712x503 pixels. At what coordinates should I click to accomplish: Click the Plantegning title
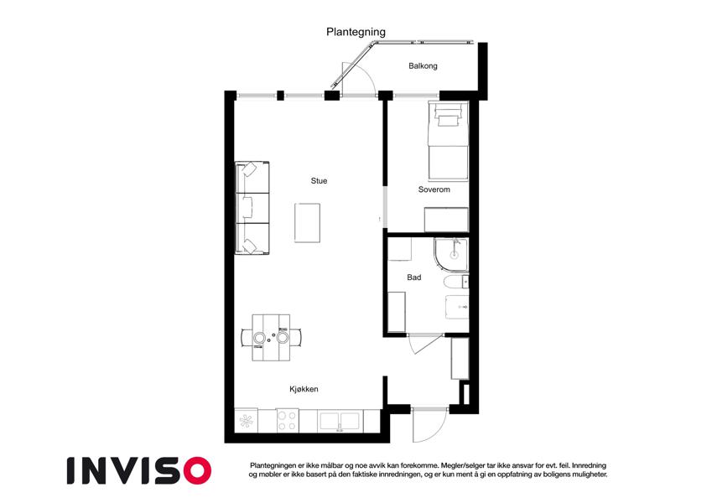tap(356, 32)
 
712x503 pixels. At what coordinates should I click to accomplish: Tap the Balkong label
tap(423, 66)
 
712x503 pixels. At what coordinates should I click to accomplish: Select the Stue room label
tap(319, 181)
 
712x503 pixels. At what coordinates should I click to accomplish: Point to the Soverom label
tap(434, 189)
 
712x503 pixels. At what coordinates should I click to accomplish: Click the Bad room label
tap(413, 277)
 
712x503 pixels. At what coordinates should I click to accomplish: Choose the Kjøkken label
tap(304, 389)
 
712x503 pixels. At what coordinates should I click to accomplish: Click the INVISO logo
tap(139, 470)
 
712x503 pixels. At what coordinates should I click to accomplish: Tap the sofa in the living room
tap(252, 208)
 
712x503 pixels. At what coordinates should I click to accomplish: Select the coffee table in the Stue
tap(307, 223)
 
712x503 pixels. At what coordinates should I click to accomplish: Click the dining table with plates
tap(271, 338)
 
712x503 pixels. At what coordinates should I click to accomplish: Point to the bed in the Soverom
tap(448, 140)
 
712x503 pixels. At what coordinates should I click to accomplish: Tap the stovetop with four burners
tap(288, 420)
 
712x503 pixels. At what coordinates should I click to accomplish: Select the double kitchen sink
tap(340, 421)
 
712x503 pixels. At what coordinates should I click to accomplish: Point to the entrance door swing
tap(430, 425)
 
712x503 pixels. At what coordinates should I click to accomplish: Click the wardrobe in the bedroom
tap(446, 220)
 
